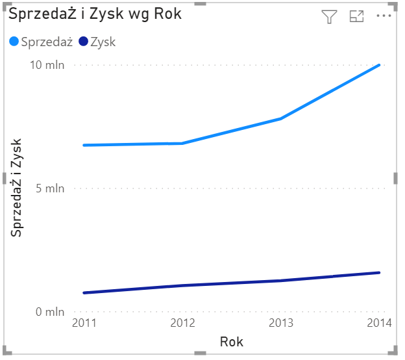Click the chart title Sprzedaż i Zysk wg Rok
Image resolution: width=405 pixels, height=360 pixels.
pyautogui.click(x=95, y=14)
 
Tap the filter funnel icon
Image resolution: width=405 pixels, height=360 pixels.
pyautogui.click(x=330, y=18)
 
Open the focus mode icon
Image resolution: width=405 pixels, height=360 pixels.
pyautogui.click(x=356, y=17)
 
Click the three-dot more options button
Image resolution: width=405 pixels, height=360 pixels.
pyautogui.click(x=384, y=17)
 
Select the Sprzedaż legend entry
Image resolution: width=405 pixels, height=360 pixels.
pyautogui.click(x=46, y=42)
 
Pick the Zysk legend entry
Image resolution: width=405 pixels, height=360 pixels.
pyautogui.click(x=103, y=42)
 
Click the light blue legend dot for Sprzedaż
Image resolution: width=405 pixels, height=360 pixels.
pyautogui.click(x=15, y=42)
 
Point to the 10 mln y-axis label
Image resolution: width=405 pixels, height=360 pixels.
pyautogui.click(x=47, y=65)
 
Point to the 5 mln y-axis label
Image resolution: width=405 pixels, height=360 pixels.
pyautogui.click(x=49, y=188)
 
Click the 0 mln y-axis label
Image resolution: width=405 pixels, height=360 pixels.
pyautogui.click(x=49, y=312)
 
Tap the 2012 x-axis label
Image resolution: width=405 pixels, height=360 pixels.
pyautogui.click(x=182, y=323)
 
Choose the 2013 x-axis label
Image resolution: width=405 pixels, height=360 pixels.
pyautogui.click(x=281, y=323)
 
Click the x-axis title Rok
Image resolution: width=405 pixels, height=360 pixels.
pyautogui.click(x=232, y=342)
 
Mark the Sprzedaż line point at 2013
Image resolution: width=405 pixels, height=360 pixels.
pyautogui.click(x=281, y=119)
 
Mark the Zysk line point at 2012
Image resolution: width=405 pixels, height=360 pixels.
pyautogui.click(x=182, y=285)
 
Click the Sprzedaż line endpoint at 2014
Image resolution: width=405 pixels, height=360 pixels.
pyautogui.click(x=380, y=65)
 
